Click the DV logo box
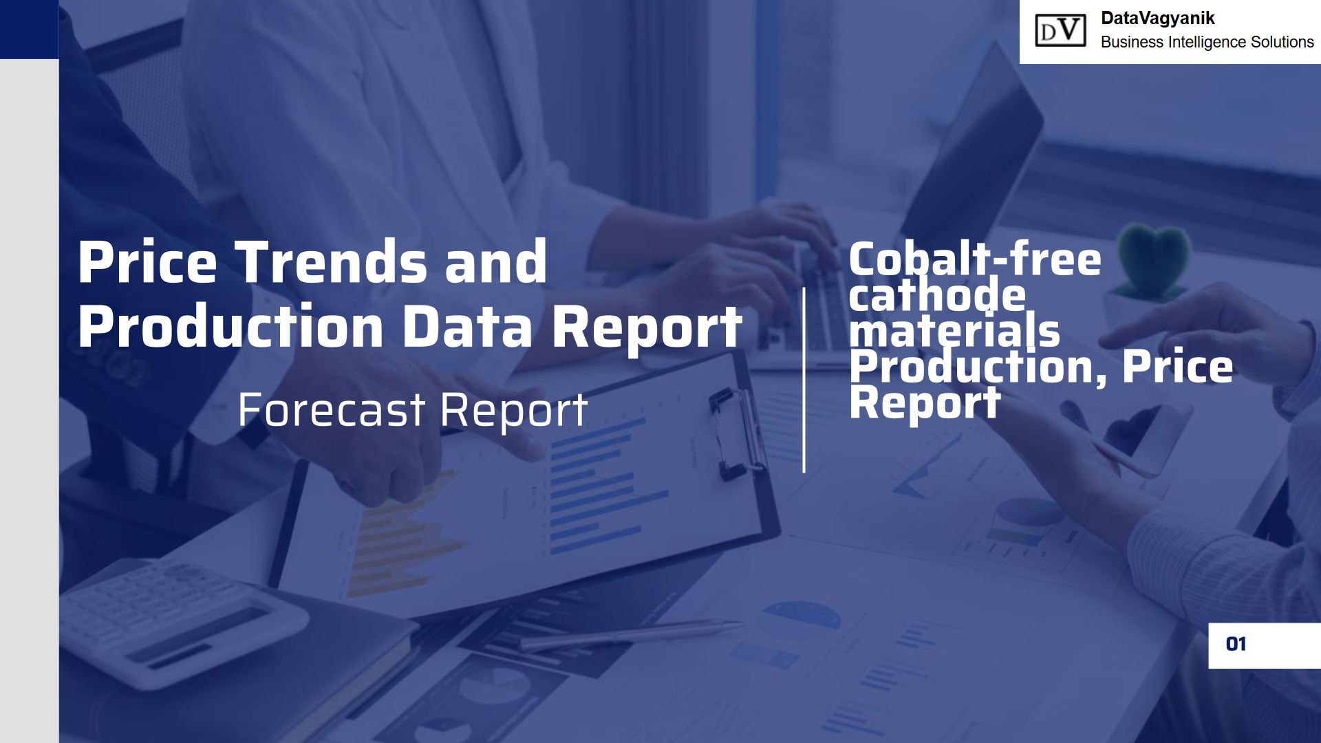(1060, 31)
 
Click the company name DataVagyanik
(1158, 19)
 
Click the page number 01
(1236, 644)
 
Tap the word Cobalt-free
(975, 260)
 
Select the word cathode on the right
(937, 296)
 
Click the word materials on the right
(954, 331)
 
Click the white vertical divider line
(804, 380)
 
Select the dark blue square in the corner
(29, 29)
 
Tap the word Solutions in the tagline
(1282, 42)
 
